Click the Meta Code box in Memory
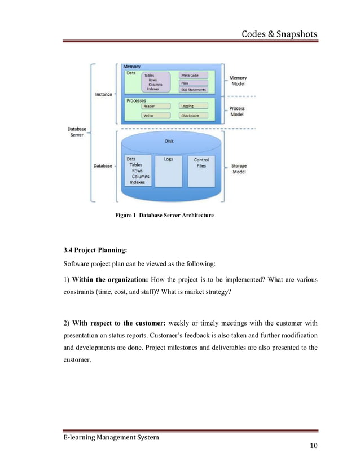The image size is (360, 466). [x=193, y=75]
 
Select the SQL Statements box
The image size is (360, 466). [x=193, y=89]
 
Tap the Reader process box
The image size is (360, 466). [x=155, y=106]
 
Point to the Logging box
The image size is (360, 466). [x=193, y=106]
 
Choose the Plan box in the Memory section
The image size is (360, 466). [x=193, y=82]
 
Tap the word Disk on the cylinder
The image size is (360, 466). [x=169, y=142]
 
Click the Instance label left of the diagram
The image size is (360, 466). [x=103, y=94]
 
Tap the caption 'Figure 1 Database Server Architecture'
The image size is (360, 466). [x=164, y=216]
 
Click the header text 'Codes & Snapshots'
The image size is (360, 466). [x=279, y=35]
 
